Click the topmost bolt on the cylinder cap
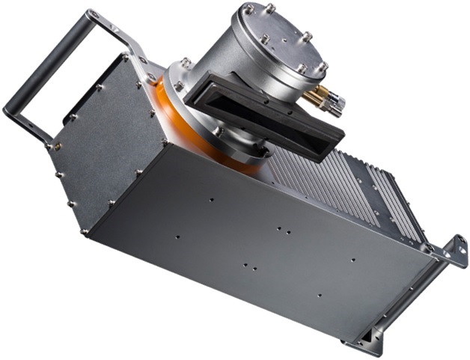269,8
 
